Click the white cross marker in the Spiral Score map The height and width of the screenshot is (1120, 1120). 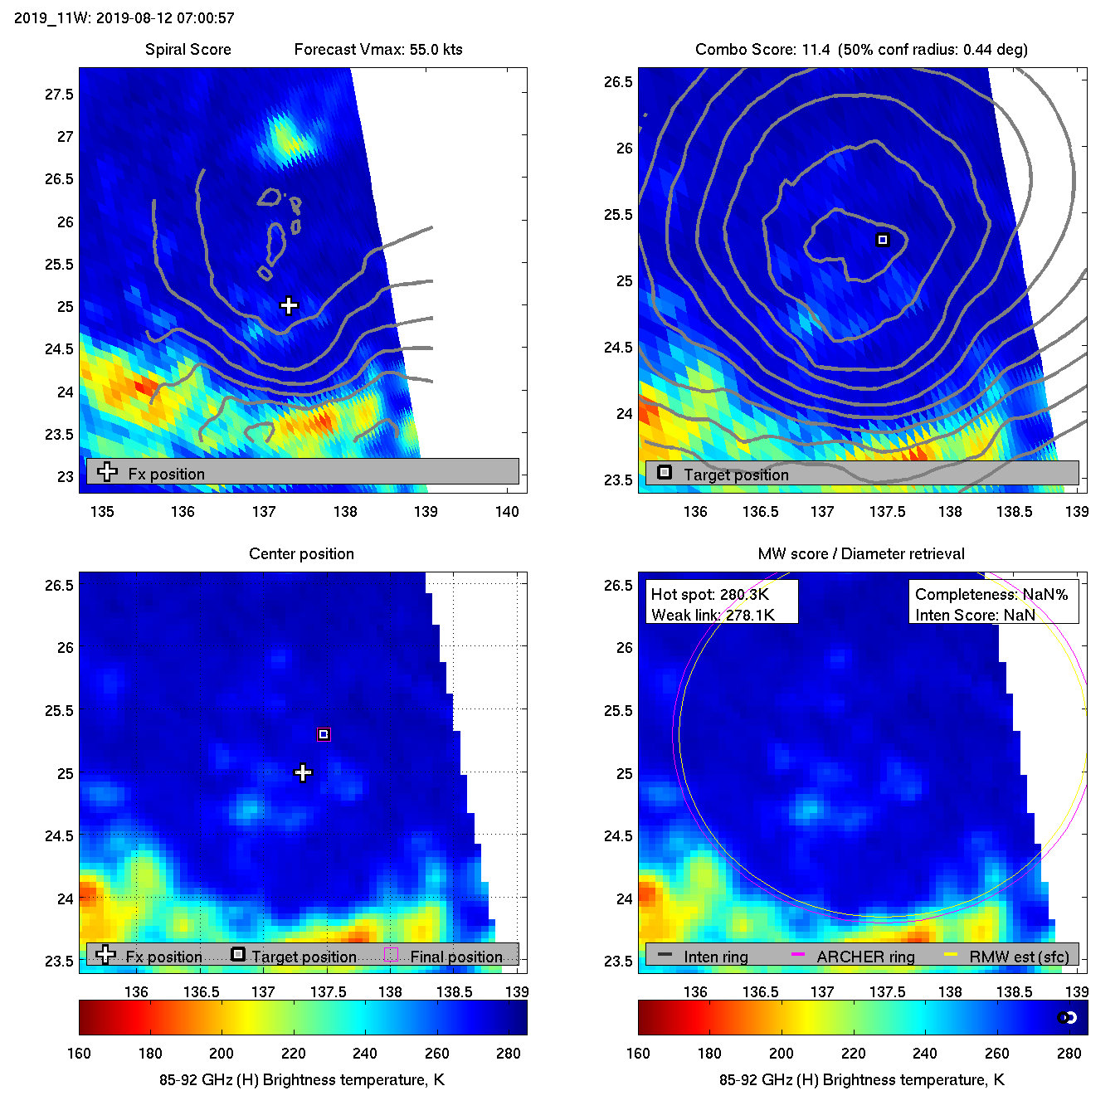tap(289, 305)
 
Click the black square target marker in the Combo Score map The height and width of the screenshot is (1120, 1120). tap(883, 240)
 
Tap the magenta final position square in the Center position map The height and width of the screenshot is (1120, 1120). tap(324, 734)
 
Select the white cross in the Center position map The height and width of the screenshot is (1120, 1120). tap(303, 773)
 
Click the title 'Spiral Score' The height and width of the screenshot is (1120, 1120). tap(187, 50)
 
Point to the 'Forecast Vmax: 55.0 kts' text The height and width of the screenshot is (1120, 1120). tap(378, 50)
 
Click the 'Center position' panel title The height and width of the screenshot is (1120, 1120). tap(301, 554)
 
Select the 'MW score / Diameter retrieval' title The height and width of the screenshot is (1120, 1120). tap(861, 554)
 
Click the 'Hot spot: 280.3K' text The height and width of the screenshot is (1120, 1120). tap(710, 595)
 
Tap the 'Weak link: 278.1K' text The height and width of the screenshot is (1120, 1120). tap(713, 615)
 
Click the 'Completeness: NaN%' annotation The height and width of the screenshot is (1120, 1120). tap(991, 595)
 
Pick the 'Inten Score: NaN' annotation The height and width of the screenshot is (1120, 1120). tap(975, 615)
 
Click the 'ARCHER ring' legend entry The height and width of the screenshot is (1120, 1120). tap(865, 957)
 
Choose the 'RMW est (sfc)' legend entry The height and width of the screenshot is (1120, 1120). tap(1019, 957)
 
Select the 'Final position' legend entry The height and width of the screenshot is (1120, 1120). tap(455, 957)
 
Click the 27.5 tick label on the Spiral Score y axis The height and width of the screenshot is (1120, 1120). tap(60, 95)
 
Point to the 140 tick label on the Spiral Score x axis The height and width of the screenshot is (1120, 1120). tap(507, 512)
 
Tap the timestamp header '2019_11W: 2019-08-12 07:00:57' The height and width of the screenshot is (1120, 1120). tap(124, 18)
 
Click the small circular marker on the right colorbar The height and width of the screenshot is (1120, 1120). tap(1067, 1018)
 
